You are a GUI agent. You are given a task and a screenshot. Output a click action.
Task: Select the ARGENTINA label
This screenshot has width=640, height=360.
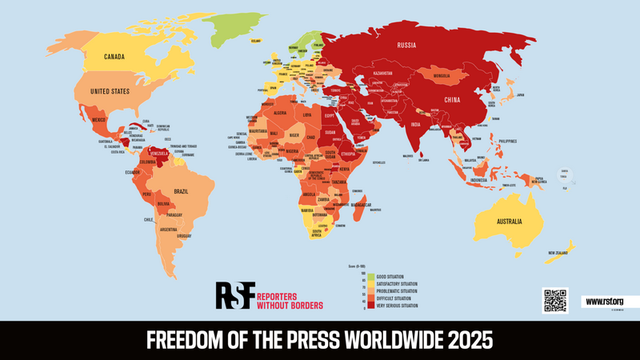pyautogui.click(x=168, y=230)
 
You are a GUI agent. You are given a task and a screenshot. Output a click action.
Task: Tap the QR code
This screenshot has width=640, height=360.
pyautogui.click(x=554, y=300)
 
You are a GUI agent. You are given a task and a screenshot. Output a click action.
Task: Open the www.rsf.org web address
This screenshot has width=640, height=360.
pyautogui.click(x=604, y=302)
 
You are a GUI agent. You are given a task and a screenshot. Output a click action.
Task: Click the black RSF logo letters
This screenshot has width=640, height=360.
pyautogui.click(x=234, y=296)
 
